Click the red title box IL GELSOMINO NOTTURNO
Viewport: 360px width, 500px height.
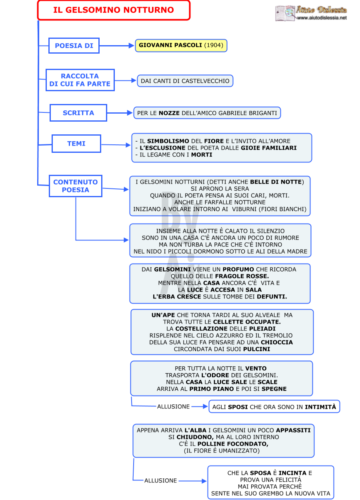click(x=114, y=10)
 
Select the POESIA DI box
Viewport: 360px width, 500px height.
click(x=74, y=46)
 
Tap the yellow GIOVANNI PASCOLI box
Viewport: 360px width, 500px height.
click(x=181, y=45)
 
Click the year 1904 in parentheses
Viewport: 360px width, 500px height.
click(x=214, y=45)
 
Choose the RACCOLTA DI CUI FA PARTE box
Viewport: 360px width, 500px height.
click(x=80, y=80)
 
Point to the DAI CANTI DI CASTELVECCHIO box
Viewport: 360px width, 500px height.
click(x=185, y=81)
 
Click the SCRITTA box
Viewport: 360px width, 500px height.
click(x=78, y=113)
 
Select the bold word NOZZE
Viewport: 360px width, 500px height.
click(x=169, y=113)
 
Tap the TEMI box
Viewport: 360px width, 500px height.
click(x=76, y=144)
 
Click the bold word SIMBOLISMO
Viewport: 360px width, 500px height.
click(x=168, y=141)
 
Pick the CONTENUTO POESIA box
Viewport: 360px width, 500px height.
click(x=76, y=186)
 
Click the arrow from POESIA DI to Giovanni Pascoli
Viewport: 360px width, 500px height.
click(x=117, y=46)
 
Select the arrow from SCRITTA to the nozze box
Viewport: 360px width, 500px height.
click(x=120, y=113)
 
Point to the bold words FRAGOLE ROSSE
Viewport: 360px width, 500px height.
click(x=242, y=276)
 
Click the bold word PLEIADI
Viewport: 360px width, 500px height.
click(x=262, y=328)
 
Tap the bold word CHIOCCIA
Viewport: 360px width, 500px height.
click(x=277, y=342)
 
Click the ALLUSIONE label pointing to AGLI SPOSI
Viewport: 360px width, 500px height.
click(x=173, y=406)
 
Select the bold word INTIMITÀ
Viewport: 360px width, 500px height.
click(x=320, y=407)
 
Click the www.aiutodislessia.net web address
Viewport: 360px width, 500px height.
click(x=322, y=18)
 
